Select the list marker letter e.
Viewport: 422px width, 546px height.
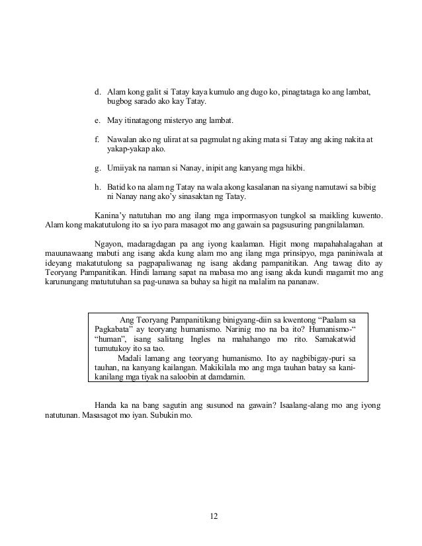point(97,122)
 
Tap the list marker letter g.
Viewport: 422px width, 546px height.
point(97,170)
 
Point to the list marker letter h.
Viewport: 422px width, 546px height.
point(97,189)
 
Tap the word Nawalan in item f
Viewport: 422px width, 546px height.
point(123,141)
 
